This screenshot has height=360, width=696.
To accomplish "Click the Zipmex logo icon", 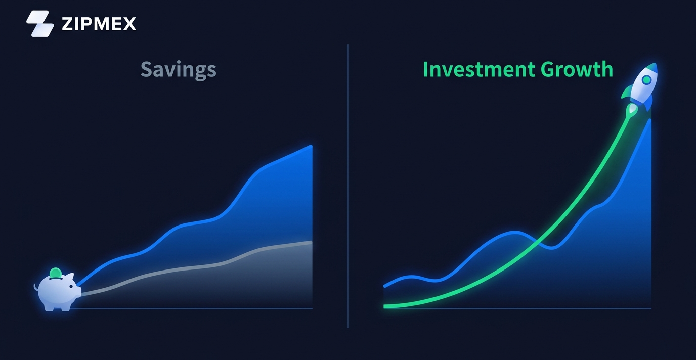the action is point(40,24).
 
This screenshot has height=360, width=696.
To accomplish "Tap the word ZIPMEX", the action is point(99,24).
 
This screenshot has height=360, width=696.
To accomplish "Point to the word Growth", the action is point(577,69).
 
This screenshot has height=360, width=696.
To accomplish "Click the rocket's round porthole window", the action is point(646,80).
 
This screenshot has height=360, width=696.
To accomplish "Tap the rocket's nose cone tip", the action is point(656,64).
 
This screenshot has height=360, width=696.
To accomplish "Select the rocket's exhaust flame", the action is point(632,110).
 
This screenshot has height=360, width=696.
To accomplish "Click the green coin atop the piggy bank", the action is point(55,273).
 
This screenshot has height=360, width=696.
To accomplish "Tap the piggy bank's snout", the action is point(78,292).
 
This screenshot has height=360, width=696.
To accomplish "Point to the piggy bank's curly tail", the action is point(36,287).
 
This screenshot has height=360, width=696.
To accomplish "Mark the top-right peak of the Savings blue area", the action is point(312,146).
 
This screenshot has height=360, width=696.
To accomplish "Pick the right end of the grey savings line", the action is point(312,242).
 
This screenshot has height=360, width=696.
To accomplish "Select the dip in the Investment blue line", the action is point(552,248).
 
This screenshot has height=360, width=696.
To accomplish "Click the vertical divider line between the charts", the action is point(347,186).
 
